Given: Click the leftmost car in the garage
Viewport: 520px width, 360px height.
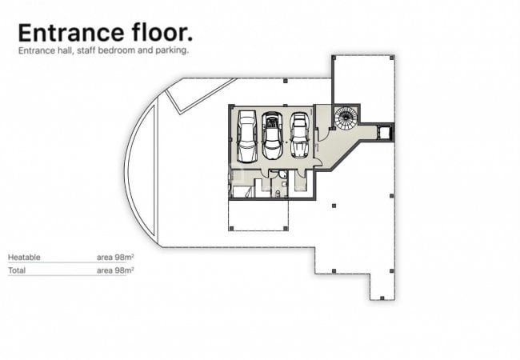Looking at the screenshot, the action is point(247,137).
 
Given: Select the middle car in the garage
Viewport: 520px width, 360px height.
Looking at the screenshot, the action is point(272,135).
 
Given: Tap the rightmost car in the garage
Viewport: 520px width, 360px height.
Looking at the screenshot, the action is point(300,135).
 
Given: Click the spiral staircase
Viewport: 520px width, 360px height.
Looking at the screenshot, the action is point(346,118).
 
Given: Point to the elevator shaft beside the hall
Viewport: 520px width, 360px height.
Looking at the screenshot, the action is point(385,132).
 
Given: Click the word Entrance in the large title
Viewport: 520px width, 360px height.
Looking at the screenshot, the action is point(71,33).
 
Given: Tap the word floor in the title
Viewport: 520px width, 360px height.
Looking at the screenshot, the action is point(162,32).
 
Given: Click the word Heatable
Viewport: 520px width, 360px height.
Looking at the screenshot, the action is point(24,258).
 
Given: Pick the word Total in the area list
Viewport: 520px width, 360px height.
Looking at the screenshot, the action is point(17,270).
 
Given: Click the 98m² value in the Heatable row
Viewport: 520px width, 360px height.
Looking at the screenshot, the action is point(124,258).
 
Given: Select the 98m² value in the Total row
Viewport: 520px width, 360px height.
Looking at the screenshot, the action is point(124,270).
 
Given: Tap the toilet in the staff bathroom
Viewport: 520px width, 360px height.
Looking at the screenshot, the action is point(278,194).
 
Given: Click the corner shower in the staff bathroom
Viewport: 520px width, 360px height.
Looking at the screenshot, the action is point(282,174).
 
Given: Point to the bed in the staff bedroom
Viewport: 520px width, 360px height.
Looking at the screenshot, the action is point(242,192).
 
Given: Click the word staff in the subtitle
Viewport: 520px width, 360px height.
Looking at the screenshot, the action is point(86,50).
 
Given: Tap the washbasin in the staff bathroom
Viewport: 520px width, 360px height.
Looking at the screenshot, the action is point(285,183).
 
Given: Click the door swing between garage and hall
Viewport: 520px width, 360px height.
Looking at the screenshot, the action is point(318,162).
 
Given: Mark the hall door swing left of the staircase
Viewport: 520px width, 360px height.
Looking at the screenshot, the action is point(323,134).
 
